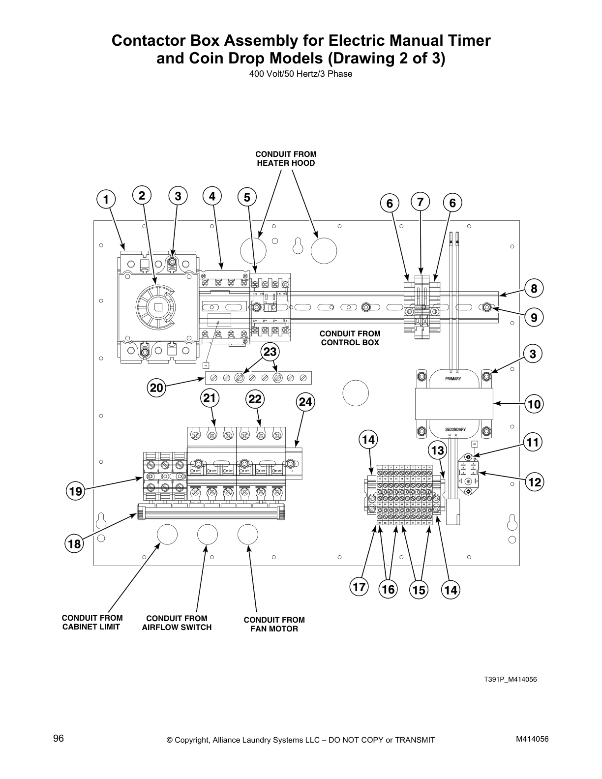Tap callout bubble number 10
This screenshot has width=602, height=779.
(534, 404)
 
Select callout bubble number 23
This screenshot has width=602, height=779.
(270, 352)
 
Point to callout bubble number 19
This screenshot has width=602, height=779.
(75, 491)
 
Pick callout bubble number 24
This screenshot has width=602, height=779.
(305, 402)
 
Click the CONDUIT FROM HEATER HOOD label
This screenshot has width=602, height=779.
(286, 158)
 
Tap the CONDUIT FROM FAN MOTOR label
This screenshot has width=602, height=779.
(274, 624)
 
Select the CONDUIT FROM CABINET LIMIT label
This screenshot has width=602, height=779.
(92, 622)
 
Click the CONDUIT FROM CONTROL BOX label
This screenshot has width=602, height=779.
(350, 338)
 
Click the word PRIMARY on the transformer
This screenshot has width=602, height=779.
(453, 379)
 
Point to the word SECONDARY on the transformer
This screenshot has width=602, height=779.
(455, 429)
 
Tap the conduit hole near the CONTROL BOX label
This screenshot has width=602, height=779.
(355, 393)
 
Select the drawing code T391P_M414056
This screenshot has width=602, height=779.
(510, 680)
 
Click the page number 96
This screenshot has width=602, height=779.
(59, 738)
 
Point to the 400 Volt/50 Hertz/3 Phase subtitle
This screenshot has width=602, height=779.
(301, 74)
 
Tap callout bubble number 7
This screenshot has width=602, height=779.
(420, 202)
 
